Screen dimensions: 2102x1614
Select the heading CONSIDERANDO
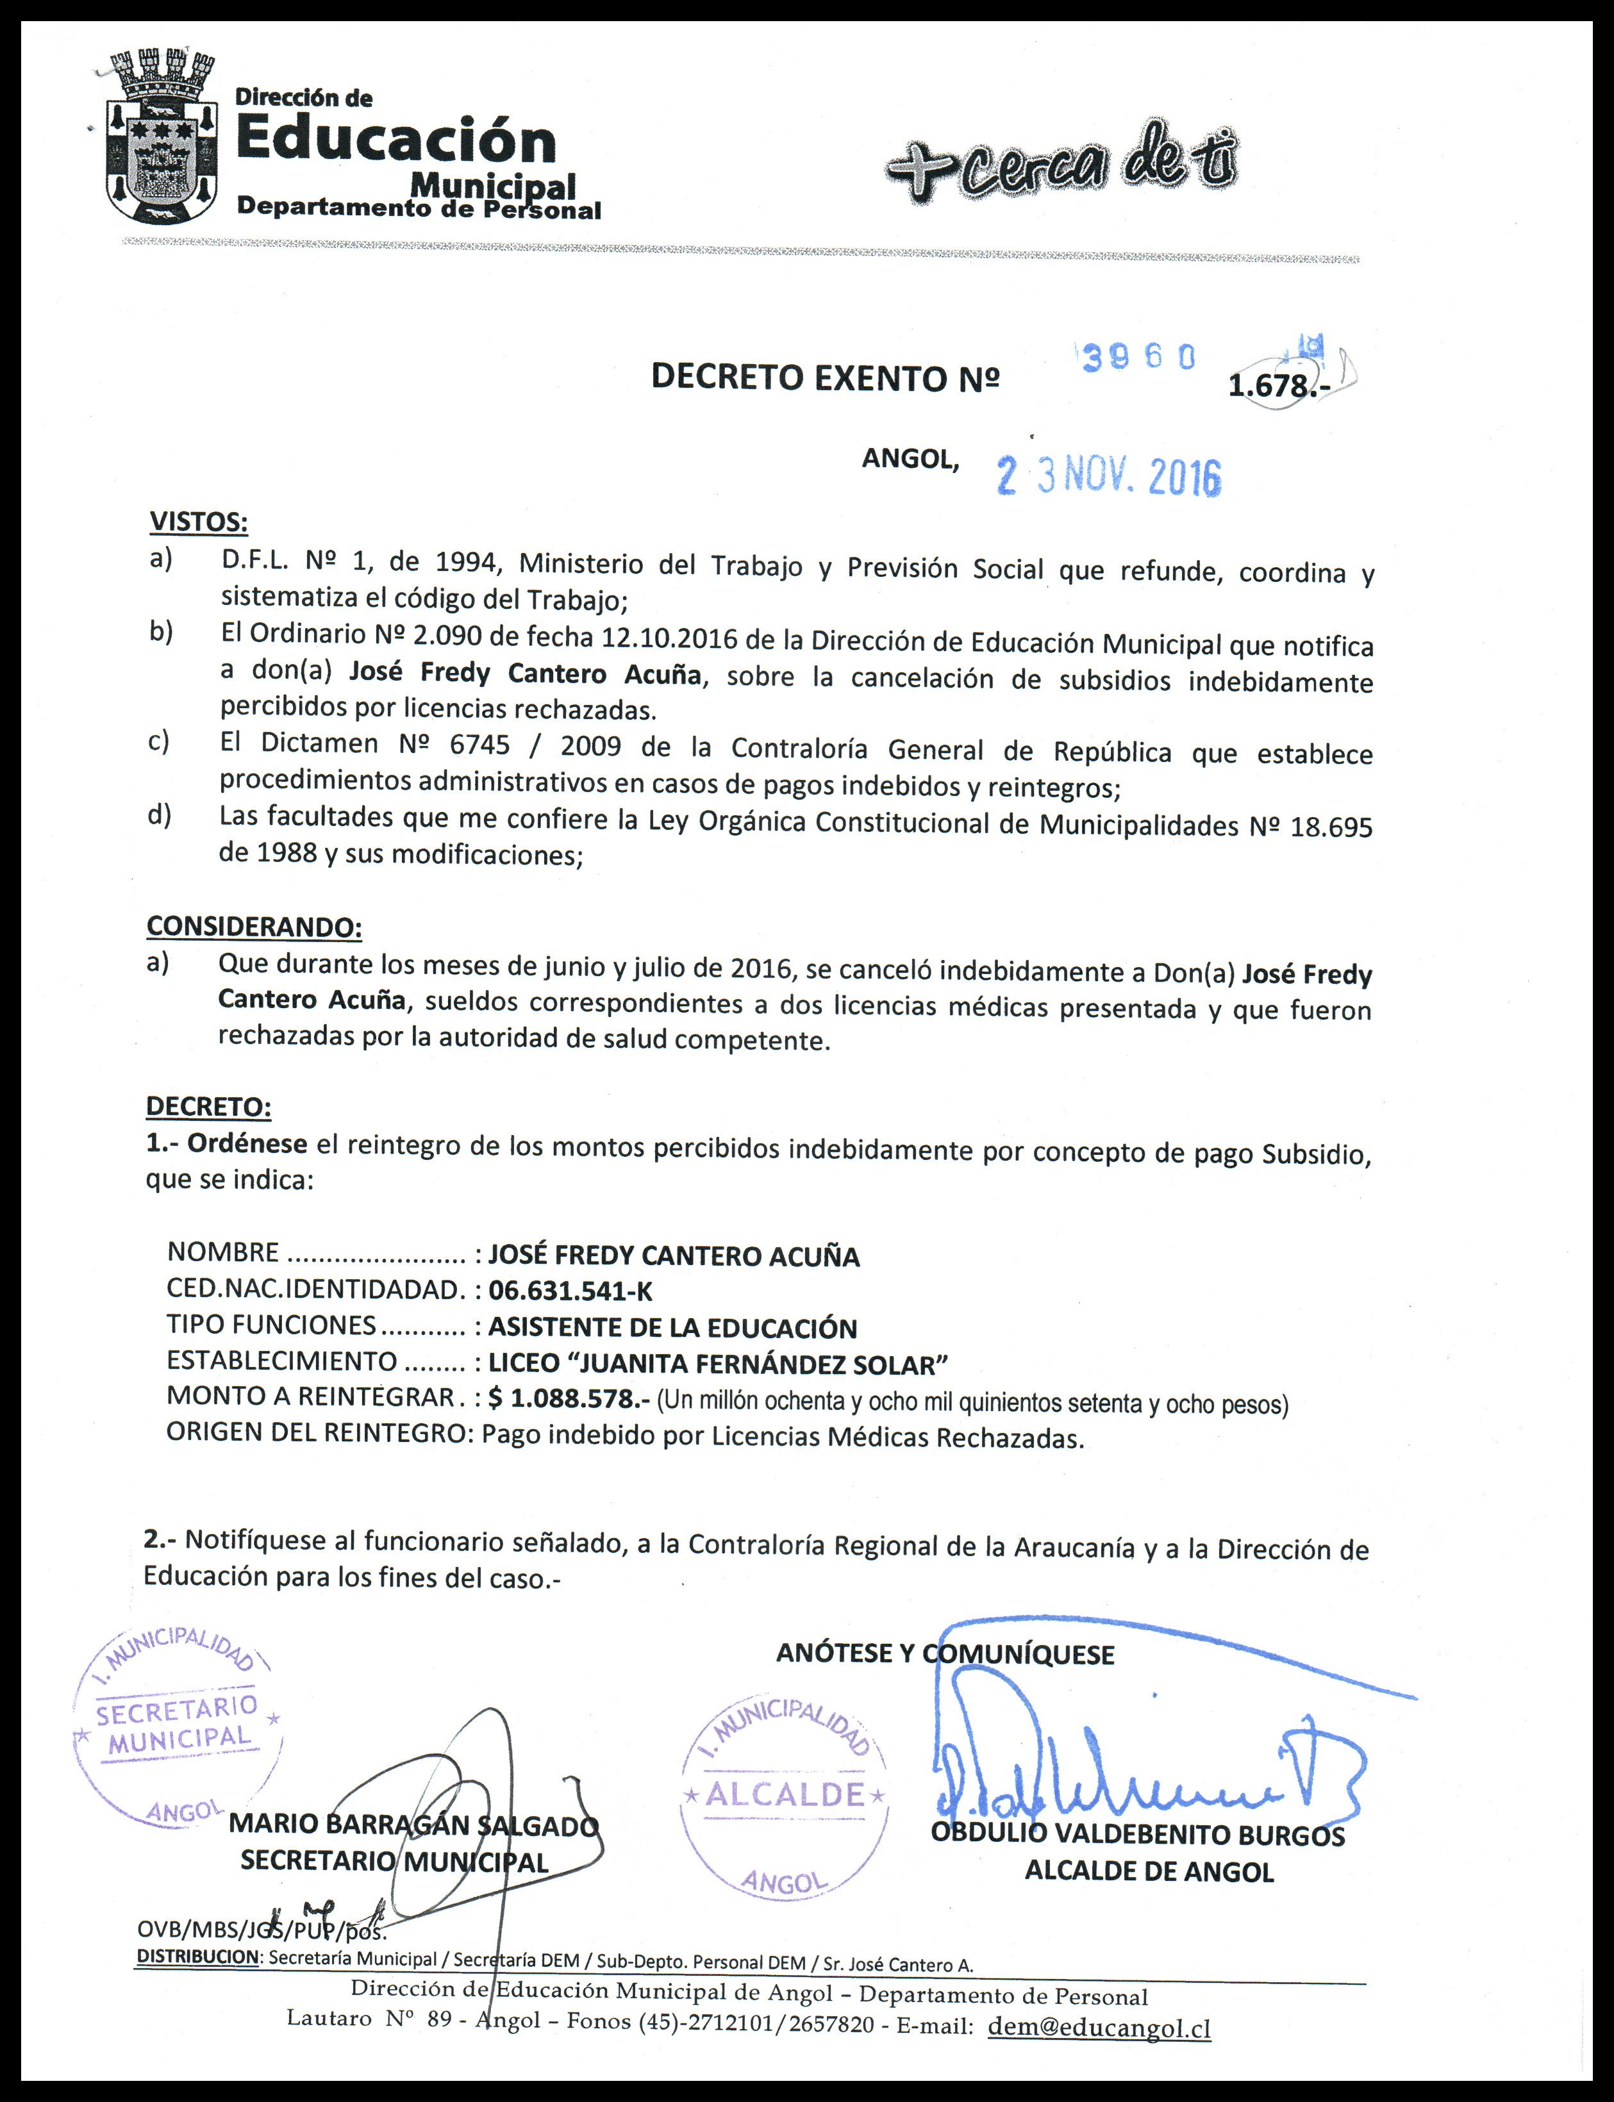254,927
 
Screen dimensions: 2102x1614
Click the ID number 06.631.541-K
570,1291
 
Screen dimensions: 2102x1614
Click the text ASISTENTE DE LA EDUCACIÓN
672,1328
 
